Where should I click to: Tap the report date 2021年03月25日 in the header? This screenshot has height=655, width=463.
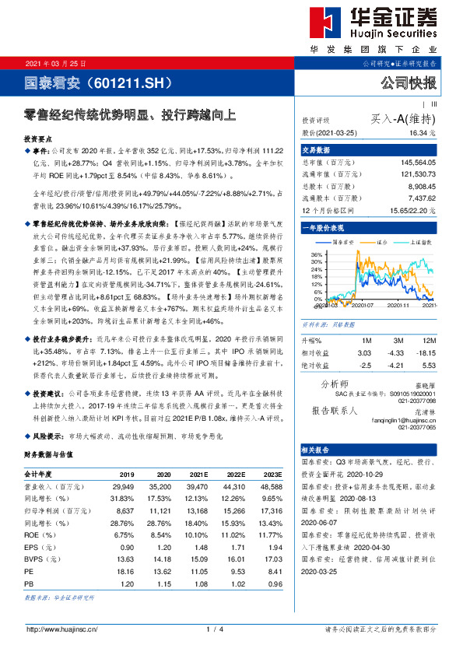click(x=56, y=62)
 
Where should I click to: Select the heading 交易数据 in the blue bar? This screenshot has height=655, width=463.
click(x=316, y=149)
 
